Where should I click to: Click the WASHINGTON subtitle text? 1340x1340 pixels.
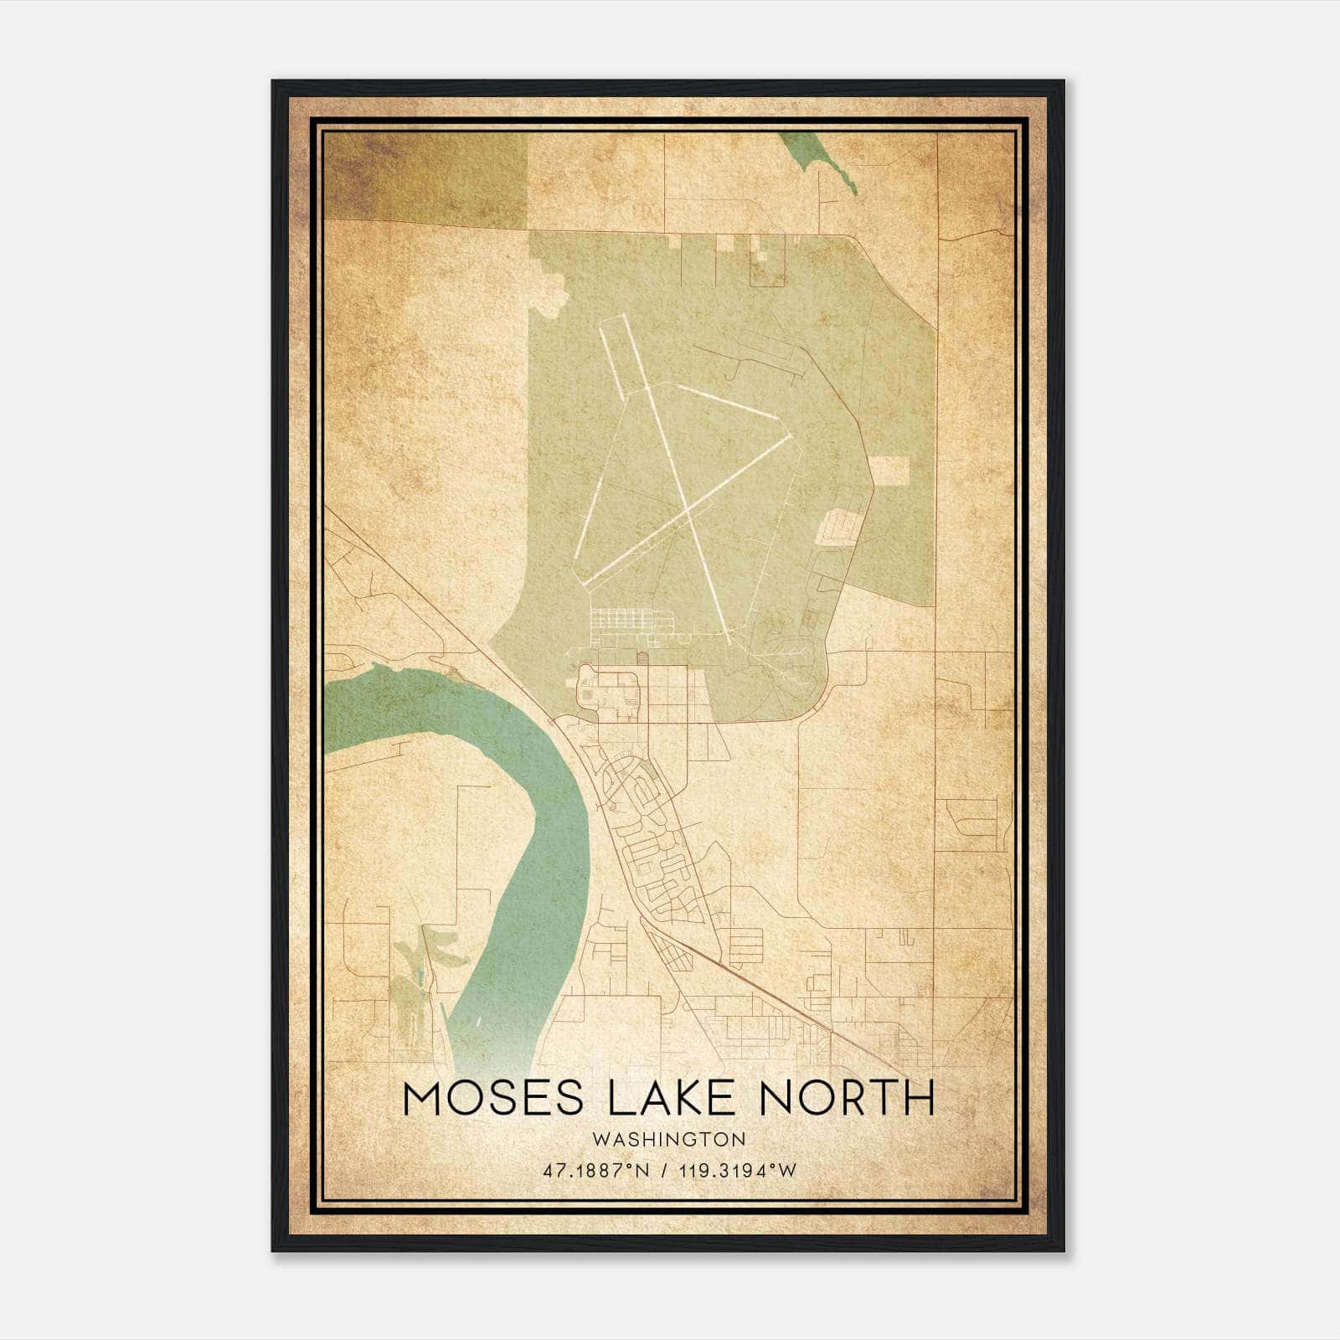(668, 1140)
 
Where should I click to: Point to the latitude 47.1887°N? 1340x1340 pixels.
(595, 1171)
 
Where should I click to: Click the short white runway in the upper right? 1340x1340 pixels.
(727, 401)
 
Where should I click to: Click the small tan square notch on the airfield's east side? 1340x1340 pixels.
(891, 472)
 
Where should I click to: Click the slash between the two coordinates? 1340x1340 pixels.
(665, 1171)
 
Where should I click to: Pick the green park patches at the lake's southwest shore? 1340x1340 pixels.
(419, 971)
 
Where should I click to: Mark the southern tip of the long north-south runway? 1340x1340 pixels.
(729, 642)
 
